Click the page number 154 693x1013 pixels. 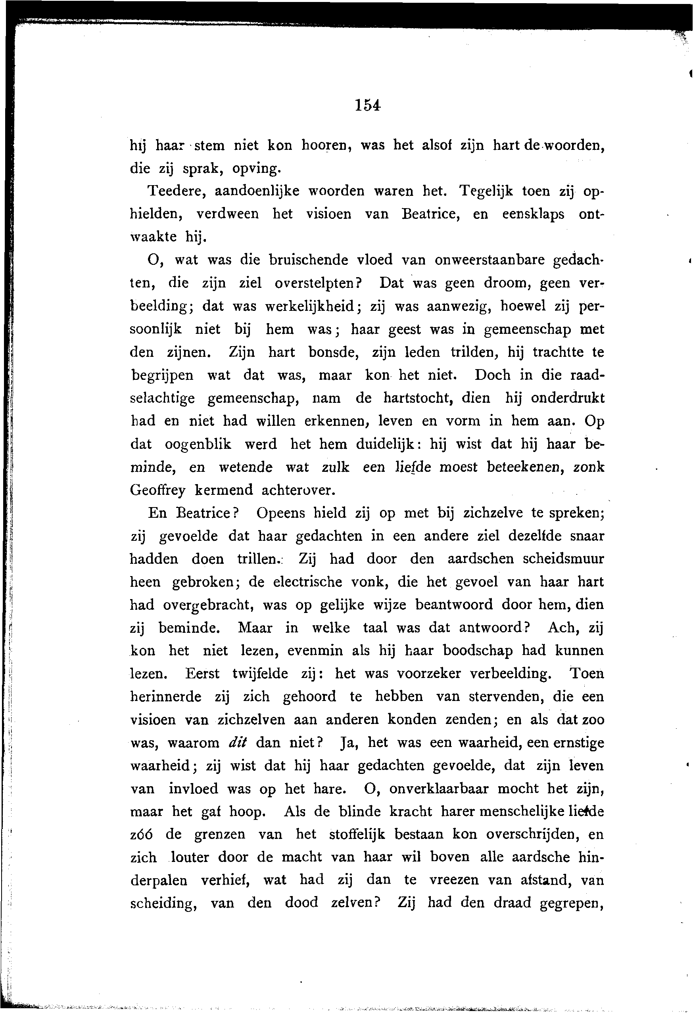368,105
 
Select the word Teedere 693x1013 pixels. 175,192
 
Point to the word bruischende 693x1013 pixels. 308,260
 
